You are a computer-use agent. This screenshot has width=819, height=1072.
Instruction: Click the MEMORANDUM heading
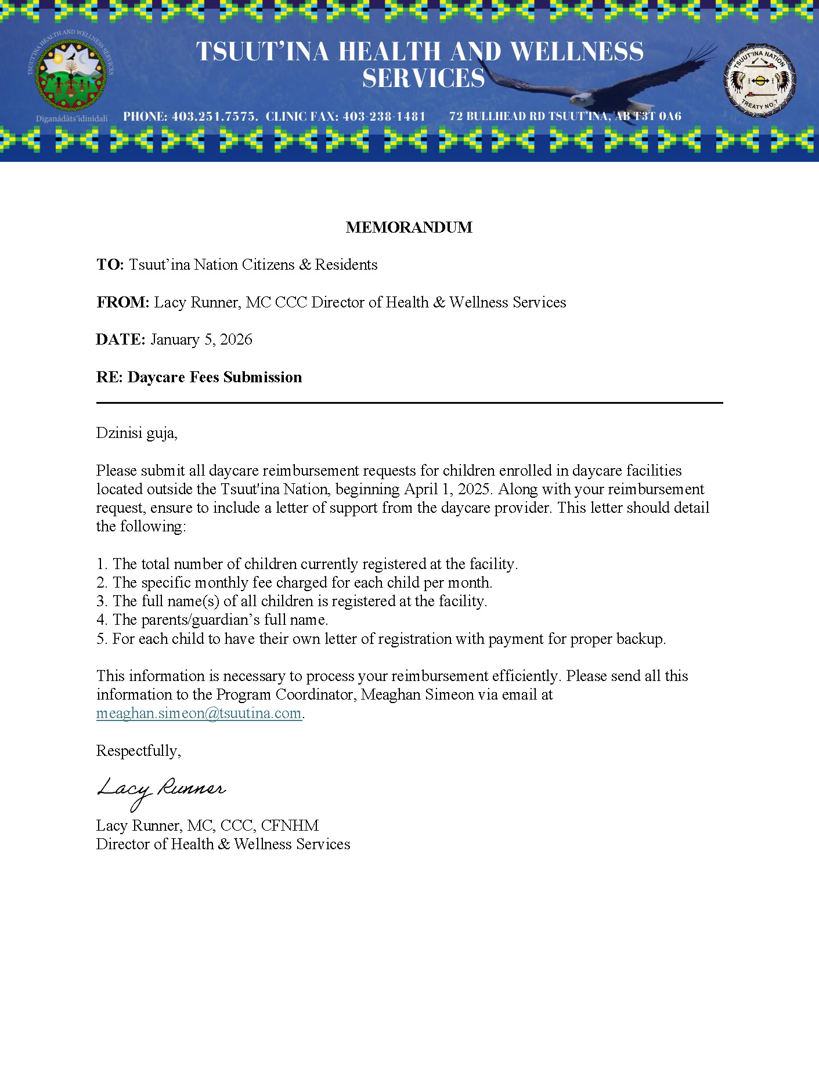[x=409, y=227]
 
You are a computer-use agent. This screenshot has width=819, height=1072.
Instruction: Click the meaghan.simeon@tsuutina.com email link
[x=199, y=713]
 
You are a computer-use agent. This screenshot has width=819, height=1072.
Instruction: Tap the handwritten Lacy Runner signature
[x=161, y=791]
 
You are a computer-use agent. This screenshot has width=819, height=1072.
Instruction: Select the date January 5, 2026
[x=201, y=339]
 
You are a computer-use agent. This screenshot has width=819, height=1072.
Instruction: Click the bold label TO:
[x=110, y=265]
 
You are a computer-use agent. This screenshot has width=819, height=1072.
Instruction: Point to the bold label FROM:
[x=123, y=302]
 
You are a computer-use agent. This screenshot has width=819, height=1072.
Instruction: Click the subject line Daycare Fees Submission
[x=215, y=377]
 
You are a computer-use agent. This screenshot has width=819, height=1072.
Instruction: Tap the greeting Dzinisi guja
[x=136, y=433]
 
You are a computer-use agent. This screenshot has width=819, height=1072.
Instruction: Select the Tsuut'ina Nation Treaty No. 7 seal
[x=760, y=80]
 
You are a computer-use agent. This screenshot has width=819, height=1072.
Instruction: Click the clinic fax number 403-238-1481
[x=384, y=117]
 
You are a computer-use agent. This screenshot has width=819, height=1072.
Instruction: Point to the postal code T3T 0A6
[x=658, y=117]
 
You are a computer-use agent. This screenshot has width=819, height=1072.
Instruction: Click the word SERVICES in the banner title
[x=423, y=78]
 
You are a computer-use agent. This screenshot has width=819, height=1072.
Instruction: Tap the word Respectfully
[x=138, y=751]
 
